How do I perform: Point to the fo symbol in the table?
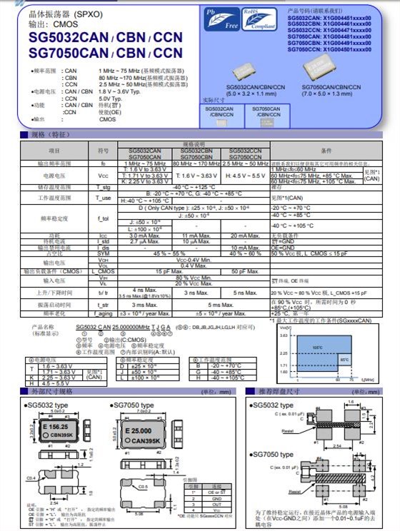click(x=103, y=163)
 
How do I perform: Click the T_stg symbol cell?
click(x=103, y=187)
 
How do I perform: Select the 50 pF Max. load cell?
click(x=245, y=271)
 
